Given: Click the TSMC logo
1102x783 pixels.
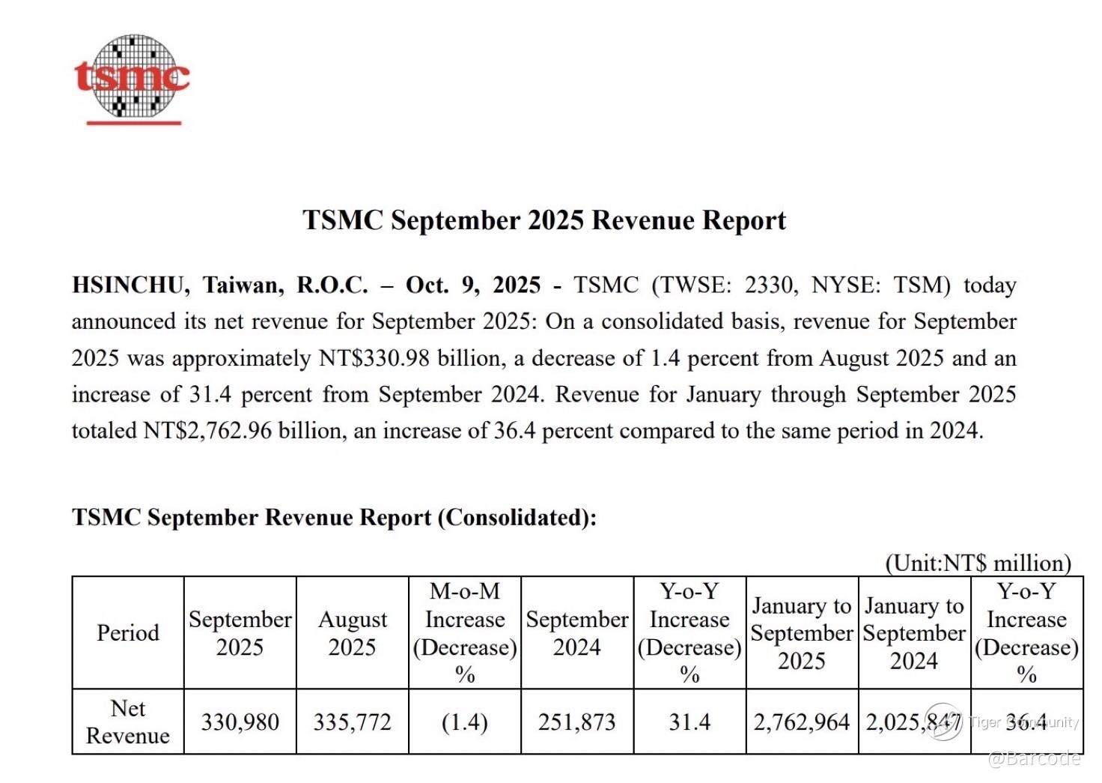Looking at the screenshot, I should point(133,78).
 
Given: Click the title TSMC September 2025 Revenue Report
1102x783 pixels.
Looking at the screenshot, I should point(544,220).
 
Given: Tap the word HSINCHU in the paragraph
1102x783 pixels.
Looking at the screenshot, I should point(127,285).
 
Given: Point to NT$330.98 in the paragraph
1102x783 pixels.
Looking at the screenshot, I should point(374,358).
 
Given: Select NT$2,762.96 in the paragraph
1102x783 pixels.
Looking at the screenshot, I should point(207,431).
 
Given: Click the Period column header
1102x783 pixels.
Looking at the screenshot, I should point(128,632).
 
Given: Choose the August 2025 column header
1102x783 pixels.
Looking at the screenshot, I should point(353,633).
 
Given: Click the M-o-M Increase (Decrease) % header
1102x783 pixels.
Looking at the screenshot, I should point(465,632).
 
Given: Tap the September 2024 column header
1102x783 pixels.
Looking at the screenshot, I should point(577,633).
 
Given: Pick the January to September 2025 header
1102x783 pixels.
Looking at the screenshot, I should point(802,633).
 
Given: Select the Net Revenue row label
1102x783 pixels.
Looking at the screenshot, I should point(128,722).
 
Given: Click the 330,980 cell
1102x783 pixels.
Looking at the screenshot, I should point(240,722).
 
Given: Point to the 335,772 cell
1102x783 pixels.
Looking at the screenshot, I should point(353,722).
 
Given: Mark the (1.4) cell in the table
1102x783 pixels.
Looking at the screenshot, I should point(465,722).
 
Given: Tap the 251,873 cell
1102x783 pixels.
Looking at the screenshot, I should point(577,722).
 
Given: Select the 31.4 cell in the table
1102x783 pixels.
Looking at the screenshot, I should point(689,722).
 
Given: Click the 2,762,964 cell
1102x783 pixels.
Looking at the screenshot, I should point(802,722).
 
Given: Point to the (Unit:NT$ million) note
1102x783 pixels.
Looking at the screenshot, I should point(978,563).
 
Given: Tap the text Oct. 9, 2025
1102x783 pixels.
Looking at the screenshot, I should point(473,285).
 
